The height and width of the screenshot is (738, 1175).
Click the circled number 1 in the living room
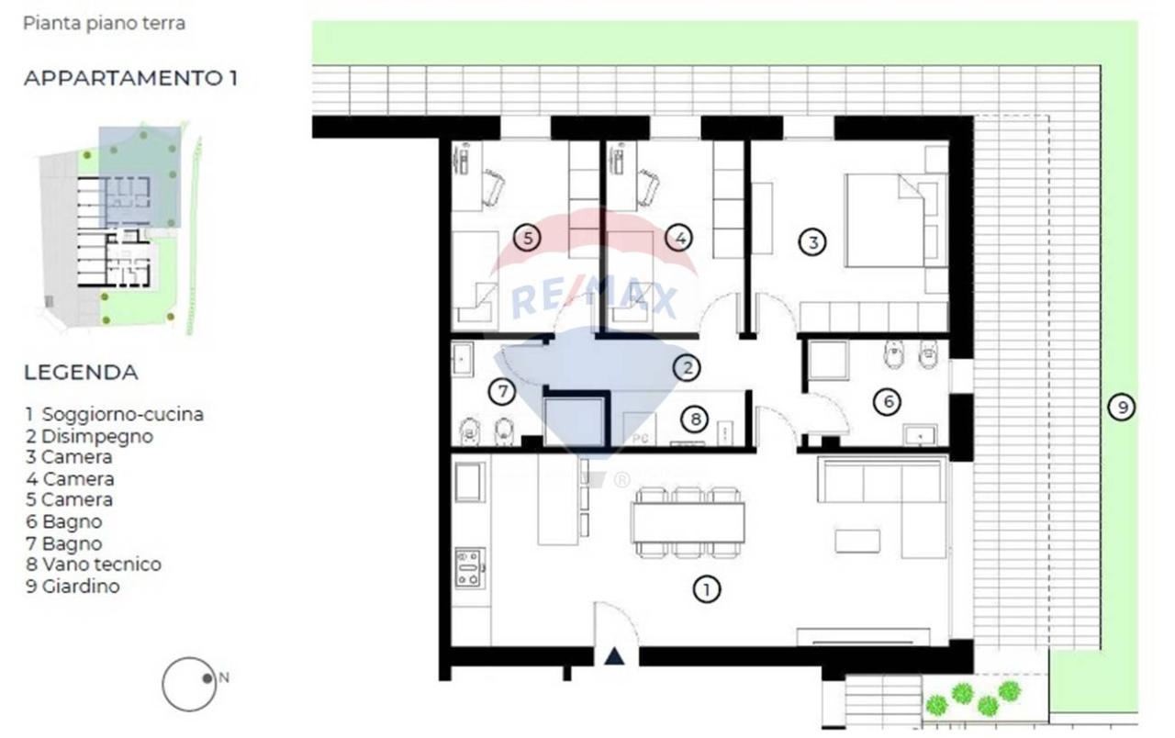coord(706,589)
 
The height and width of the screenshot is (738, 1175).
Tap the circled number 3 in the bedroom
coord(812,242)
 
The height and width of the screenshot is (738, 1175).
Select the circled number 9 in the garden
coord(1122,407)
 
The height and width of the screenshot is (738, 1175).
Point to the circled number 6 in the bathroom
coord(887,402)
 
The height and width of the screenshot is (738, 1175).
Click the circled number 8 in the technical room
coord(695,419)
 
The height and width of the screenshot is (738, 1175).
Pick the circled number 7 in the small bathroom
coord(502,391)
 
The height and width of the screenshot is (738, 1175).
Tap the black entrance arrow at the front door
coord(614,656)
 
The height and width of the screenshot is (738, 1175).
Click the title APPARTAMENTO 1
coord(130,78)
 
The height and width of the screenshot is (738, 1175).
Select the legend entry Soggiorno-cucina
coord(115,414)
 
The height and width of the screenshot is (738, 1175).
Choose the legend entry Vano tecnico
coord(94,565)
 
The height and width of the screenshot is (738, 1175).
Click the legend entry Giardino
coord(73,586)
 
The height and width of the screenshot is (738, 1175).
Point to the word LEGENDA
coord(82,373)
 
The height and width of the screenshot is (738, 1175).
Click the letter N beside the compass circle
coord(224,677)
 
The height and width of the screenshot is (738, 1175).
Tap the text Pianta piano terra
coord(105,24)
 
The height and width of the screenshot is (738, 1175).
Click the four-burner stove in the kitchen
coord(470,567)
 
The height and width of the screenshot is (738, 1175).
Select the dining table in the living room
coord(688,522)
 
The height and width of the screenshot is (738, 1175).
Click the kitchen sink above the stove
coord(470,482)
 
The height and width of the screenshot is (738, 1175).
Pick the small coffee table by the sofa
coord(857,541)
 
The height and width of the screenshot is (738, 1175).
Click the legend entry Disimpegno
coord(90,436)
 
